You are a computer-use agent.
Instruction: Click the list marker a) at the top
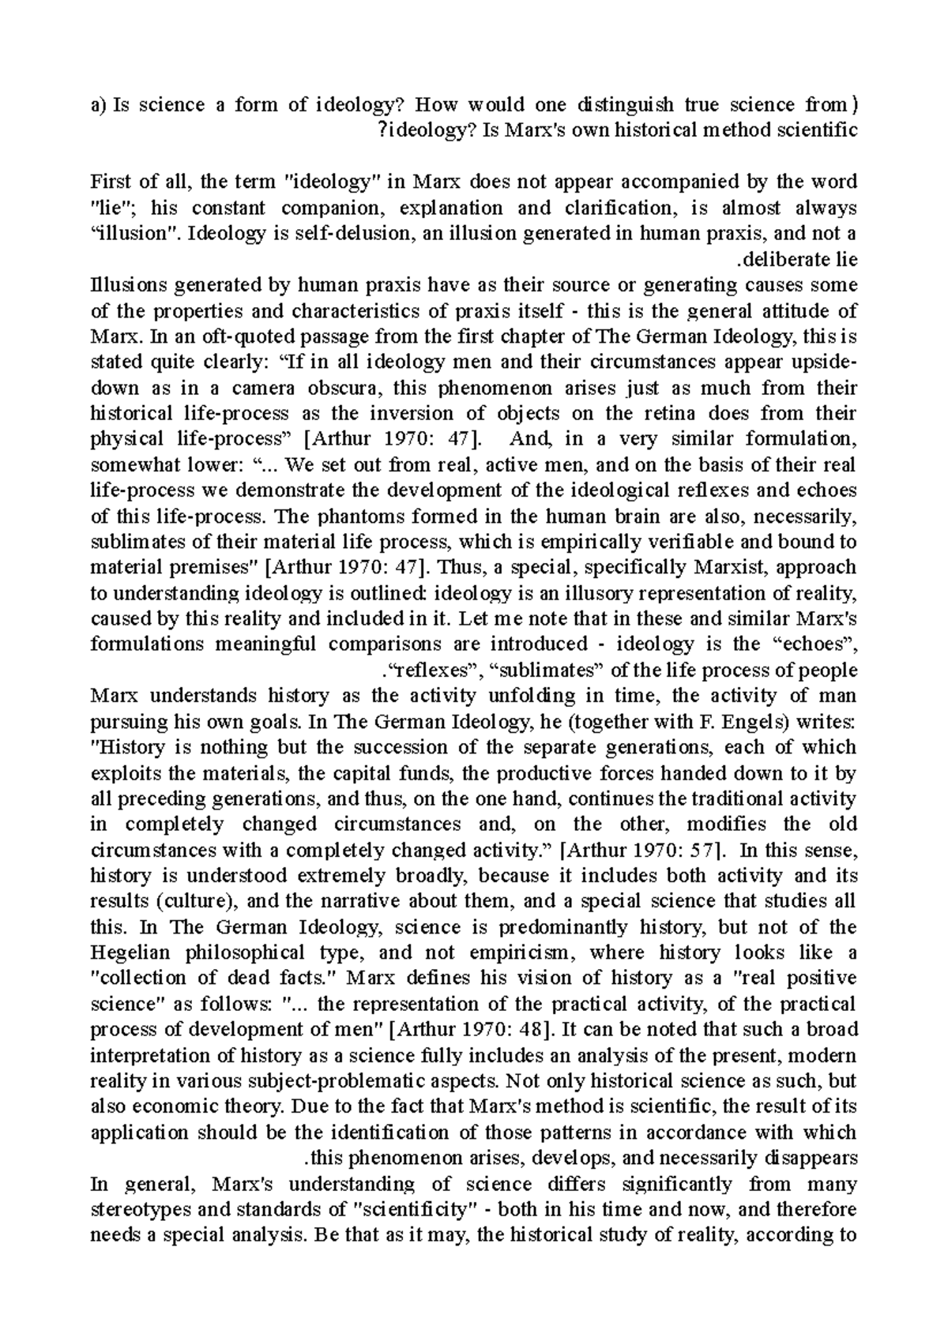(x=99, y=105)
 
